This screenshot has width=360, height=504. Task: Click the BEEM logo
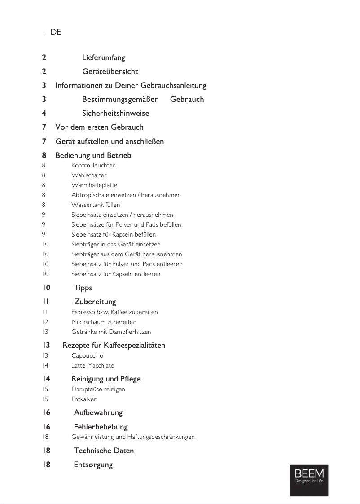(x=308, y=480)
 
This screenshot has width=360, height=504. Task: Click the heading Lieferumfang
(x=103, y=57)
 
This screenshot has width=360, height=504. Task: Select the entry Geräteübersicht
(x=110, y=71)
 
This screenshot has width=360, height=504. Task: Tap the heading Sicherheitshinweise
(x=115, y=113)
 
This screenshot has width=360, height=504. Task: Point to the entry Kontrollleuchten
(x=93, y=165)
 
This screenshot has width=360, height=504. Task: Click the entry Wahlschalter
(x=89, y=175)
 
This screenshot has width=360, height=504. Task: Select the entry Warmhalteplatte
(x=94, y=185)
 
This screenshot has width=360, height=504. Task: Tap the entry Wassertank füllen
(x=96, y=205)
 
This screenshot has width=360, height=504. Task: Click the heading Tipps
(x=83, y=288)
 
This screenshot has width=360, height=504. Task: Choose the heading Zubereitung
(x=95, y=302)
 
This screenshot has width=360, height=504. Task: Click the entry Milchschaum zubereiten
(x=104, y=322)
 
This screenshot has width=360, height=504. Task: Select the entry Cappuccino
(x=87, y=355)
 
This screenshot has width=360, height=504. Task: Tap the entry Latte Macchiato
(x=92, y=365)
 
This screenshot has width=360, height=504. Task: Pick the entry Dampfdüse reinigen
(x=98, y=389)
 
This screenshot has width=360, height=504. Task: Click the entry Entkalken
(x=84, y=399)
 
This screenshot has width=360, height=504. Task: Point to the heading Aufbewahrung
(x=98, y=412)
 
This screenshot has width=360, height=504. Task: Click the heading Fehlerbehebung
(x=101, y=427)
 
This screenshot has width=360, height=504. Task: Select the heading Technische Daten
(x=104, y=451)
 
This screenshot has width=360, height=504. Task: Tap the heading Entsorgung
(x=93, y=465)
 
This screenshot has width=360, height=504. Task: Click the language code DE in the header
(x=56, y=32)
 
